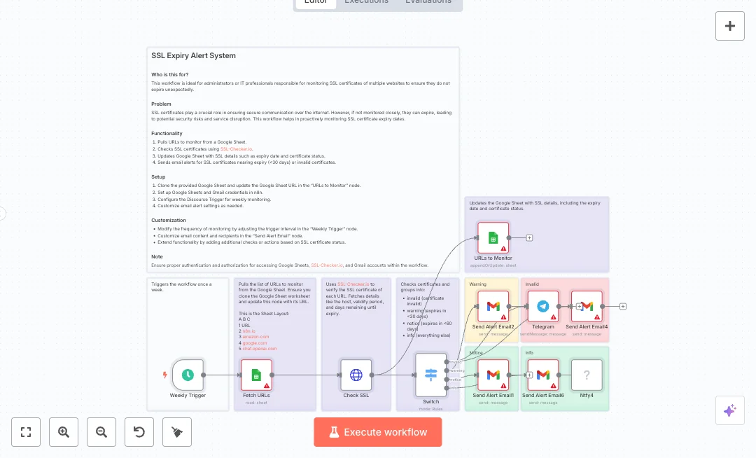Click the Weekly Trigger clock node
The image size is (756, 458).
click(x=188, y=375)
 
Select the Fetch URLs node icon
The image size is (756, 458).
click(x=256, y=375)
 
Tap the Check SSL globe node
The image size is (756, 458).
click(x=356, y=375)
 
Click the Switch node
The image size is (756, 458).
click(x=430, y=375)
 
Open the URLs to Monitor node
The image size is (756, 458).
click(x=493, y=237)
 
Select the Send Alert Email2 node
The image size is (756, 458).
click(x=493, y=306)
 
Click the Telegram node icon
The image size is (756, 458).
click(x=542, y=306)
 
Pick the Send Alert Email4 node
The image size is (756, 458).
click(x=587, y=306)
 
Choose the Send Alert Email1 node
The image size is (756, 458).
click(x=493, y=375)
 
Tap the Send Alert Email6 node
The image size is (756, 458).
click(x=542, y=375)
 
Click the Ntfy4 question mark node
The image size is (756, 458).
click(x=587, y=375)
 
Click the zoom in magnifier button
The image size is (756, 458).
click(x=64, y=432)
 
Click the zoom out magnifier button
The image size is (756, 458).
click(x=101, y=432)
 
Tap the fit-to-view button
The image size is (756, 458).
click(x=26, y=432)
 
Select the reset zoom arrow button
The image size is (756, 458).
click(x=139, y=432)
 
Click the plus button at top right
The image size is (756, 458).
click(x=730, y=26)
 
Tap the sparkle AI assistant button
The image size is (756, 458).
click(x=730, y=410)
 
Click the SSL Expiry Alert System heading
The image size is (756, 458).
click(x=194, y=55)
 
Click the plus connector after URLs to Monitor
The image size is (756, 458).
click(x=529, y=237)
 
